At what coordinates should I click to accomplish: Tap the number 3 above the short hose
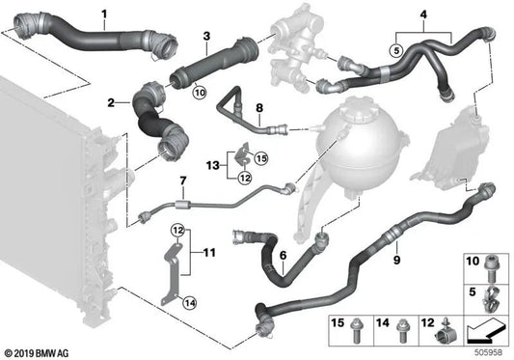205,36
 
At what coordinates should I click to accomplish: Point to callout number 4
396,14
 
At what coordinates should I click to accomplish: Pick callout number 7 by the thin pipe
180,180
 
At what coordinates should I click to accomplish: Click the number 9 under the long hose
395,260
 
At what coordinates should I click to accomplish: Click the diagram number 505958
490,351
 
